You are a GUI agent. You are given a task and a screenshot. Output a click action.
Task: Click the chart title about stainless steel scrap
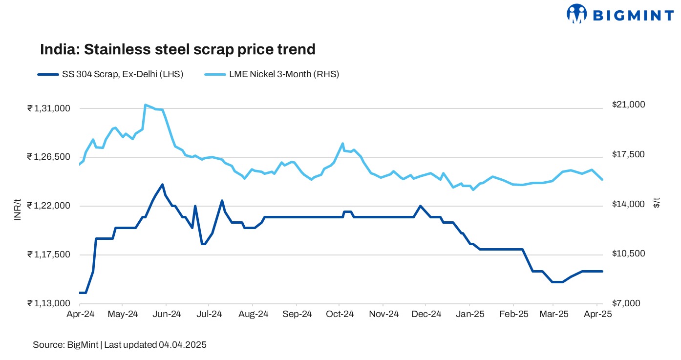click(177, 49)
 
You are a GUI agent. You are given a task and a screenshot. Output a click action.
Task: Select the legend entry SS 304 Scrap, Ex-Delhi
click(110, 75)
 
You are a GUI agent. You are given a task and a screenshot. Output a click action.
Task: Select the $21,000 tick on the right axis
click(628, 105)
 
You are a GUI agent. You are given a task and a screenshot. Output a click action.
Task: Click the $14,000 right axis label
click(628, 204)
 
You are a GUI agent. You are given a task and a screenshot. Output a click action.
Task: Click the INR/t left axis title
click(17, 210)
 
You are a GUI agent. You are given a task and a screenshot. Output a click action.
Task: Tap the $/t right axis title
click(657, 203)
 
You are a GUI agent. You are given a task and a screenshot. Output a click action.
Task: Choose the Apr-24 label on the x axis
click(80, 315)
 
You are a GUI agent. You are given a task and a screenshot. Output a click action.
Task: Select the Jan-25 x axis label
click(470, 315)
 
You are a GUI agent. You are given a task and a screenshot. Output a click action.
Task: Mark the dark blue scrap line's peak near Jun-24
click(162, 185)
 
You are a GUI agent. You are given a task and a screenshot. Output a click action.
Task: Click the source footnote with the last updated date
click(120, 345)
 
